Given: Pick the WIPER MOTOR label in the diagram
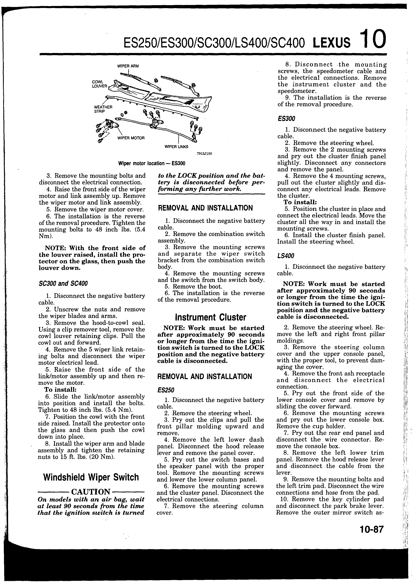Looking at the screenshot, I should coord(131,138).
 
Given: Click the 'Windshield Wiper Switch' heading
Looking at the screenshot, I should coord(91,477).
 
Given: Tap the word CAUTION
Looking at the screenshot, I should coord(91,492).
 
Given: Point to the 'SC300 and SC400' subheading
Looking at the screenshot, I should coord(63,284).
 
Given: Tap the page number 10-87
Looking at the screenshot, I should coord(372,530).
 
